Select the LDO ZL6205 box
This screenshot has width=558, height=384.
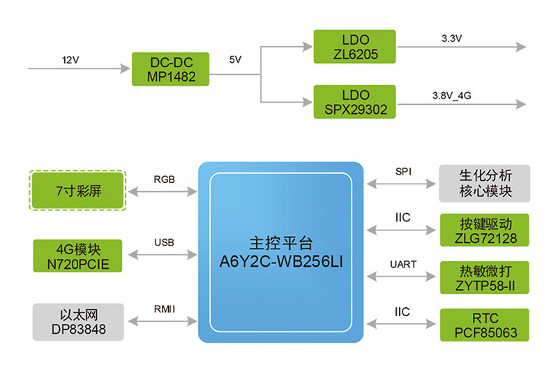click(354, 46)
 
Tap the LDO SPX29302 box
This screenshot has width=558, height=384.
click(354, 101)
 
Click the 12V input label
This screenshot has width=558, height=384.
click(70, 60)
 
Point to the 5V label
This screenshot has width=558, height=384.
click(235, 60)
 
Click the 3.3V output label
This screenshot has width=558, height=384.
click(452, 39)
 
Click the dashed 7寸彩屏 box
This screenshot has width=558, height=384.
click(77, 190)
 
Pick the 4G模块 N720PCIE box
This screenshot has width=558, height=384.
click(77, 256)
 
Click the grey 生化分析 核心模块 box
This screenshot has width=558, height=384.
click(484, 182)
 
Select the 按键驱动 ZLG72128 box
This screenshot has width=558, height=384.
click(484, 231)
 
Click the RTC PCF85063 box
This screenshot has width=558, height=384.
click(484, 325)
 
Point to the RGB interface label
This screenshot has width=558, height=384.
click(165, 178)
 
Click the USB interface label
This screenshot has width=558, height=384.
click(165, 242)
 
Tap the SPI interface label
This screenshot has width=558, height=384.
click(404, 171)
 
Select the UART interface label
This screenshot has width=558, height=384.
click(404, 264)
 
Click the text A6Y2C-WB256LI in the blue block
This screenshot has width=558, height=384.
click(280, 262)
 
